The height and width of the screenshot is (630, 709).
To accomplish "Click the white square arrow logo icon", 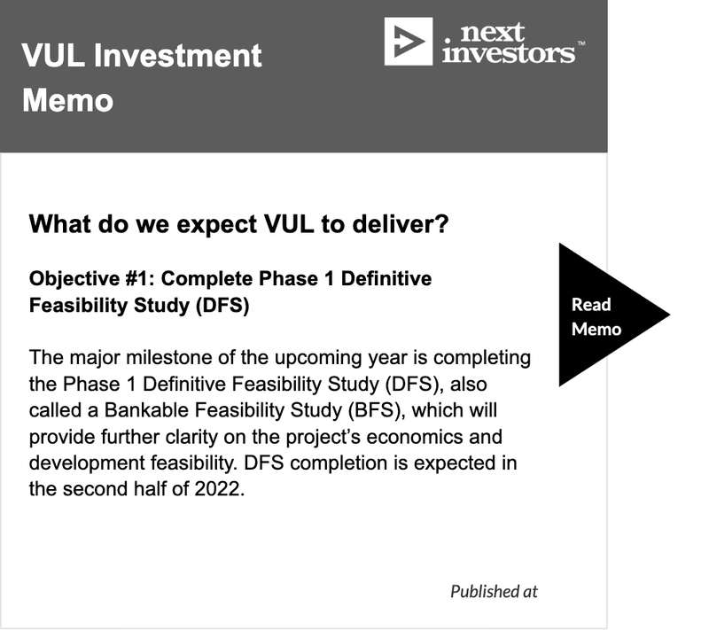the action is (409, 42).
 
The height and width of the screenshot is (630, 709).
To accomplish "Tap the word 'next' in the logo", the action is (493, 32).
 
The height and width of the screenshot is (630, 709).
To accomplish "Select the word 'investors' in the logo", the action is (509, 52).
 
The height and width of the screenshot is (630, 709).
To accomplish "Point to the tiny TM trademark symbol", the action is (581, 43).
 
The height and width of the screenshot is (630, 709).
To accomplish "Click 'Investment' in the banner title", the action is (178, 56).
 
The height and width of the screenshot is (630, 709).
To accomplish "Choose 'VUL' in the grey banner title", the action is (53, 56).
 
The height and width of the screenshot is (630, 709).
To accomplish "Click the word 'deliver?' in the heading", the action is (401, 223).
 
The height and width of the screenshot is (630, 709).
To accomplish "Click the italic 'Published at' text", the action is (494, 591).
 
